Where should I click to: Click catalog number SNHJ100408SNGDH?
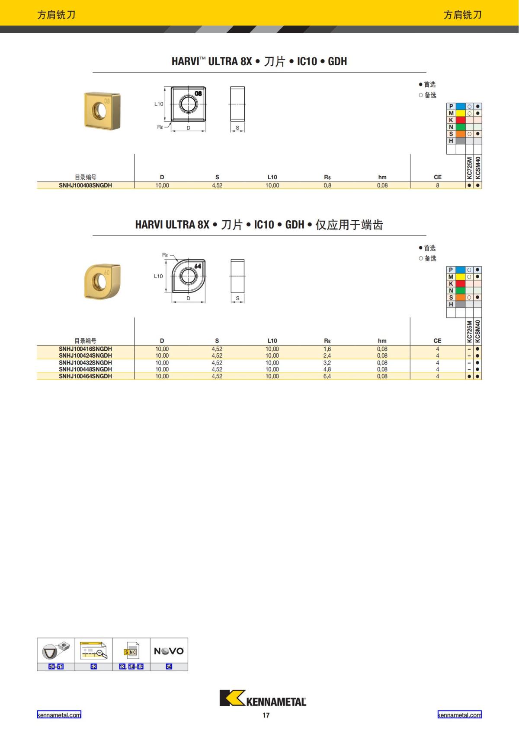click(85, 185)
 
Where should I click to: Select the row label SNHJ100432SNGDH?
click(85, 363)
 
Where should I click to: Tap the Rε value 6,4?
click(327, 376)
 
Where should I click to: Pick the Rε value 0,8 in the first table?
click(327, 185)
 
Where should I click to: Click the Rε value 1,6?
click(327, 349)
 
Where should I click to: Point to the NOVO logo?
click(169, 651)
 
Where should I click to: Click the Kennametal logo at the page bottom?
click(263, 698)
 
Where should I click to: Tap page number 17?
click(266, 715)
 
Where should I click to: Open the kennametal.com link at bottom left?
click(59, 715)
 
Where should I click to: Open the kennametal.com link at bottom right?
click(459, 715)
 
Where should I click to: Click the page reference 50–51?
click(56, 666)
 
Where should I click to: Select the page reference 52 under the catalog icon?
click(93, 666)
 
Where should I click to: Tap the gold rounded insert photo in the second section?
click(102, 281)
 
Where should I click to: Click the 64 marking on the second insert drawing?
click(198, 266)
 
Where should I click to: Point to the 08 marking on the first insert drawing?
click(198, 93)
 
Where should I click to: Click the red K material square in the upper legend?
click(460, 120)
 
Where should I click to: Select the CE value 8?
click(437, 185)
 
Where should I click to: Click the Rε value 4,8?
click(327, 369)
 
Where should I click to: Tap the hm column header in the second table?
click(382, 341)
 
